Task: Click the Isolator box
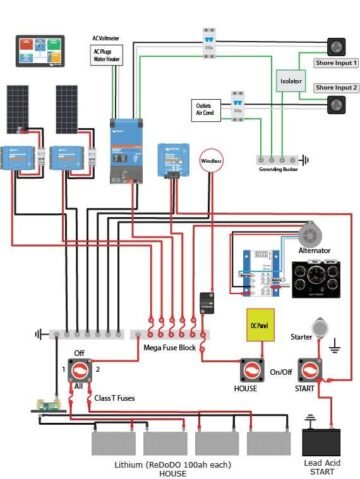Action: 291,79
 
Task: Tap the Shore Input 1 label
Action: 335,62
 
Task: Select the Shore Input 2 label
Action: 335,88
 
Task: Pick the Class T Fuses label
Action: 115,398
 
